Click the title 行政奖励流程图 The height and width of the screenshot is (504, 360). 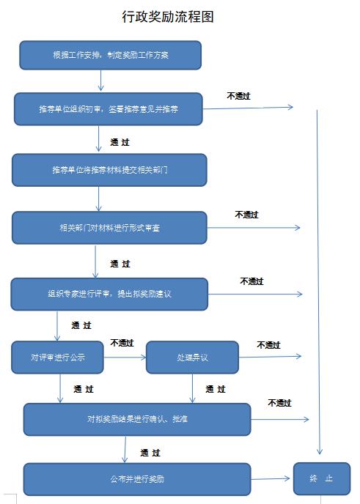click(x=168, y=16)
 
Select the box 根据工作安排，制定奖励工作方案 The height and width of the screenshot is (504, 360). click(x=111, y=55)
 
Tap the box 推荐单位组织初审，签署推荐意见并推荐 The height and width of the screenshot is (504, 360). click(x=109, y=109)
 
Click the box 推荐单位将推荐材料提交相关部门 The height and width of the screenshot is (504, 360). click(x=109, y=170)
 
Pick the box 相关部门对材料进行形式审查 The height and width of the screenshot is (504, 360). click(x=109, y=228)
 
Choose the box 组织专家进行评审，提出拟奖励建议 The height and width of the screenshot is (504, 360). click(x=109, y=294)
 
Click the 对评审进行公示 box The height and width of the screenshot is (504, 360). click(x=58, y=357)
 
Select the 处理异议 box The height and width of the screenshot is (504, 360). click(x=192, y=357)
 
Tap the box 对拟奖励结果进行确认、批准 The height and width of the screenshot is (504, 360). click(x=137, y=419)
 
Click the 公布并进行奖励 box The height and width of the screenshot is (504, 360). click(x=137, y=479)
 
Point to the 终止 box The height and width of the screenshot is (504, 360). click(x=322, y=478)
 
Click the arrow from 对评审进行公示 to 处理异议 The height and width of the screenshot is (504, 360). click(x=125, y=357)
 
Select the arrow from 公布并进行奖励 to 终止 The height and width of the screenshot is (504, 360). click(x=271, y=479)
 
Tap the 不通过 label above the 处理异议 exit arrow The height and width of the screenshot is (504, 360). click(x=268, y=345)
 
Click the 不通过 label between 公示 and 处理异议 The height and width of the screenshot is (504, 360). click(x=122, y=343)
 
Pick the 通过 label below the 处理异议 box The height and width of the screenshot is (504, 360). click(x=216, y=389)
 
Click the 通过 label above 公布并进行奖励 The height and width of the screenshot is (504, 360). click(x=150, y=453)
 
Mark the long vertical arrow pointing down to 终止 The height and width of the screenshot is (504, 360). click(x=318, y=282)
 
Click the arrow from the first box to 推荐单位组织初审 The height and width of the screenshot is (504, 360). click(x=100, y=80)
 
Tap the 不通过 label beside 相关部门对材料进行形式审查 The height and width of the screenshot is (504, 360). click(x=247, y=215)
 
